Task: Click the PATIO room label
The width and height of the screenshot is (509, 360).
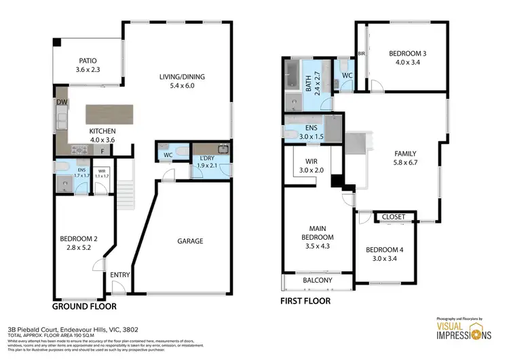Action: [86, 60]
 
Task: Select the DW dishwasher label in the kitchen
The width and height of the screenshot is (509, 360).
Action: [62, 102]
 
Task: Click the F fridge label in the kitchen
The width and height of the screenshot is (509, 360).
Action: [102, 151]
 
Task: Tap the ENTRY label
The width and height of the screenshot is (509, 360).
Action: [120, 274]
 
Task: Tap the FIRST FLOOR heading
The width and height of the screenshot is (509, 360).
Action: [305, 300]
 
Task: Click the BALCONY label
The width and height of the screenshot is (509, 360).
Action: [316, 281]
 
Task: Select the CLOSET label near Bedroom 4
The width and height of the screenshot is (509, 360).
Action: [394, 217]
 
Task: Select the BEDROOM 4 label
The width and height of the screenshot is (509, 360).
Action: [384, 249]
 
